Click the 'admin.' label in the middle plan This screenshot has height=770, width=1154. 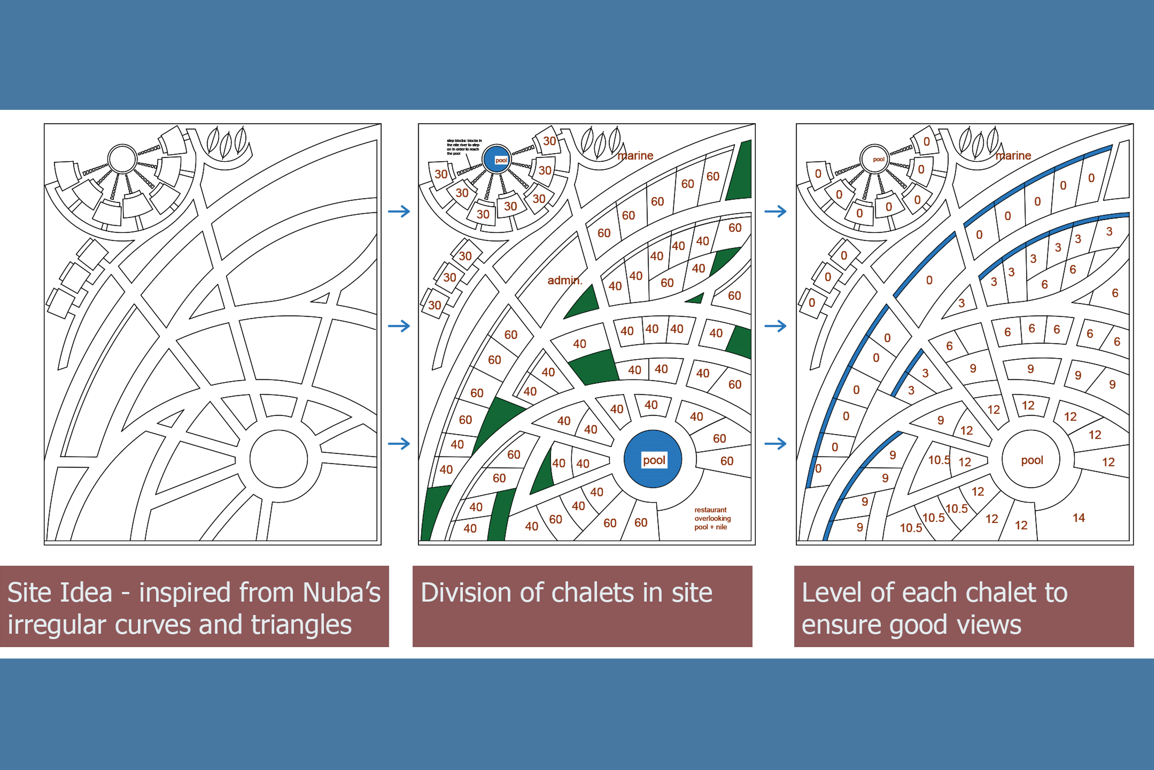(565, 280)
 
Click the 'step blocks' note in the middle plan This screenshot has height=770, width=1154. (464, 147)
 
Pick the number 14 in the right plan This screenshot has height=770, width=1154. (1078, 518)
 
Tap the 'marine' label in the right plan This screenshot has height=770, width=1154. (1013, 156)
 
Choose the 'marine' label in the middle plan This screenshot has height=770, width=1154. (635, 156)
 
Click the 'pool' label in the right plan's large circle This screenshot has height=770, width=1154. (1032, 460)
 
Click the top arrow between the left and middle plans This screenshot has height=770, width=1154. (399, 212)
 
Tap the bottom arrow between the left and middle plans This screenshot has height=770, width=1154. (399, 444)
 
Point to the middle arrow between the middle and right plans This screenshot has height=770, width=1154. (775, 326)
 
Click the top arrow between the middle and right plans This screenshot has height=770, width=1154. (775, 212)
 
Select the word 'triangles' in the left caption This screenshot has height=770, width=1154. (301, 625)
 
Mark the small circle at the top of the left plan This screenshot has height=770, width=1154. (122, 159)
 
